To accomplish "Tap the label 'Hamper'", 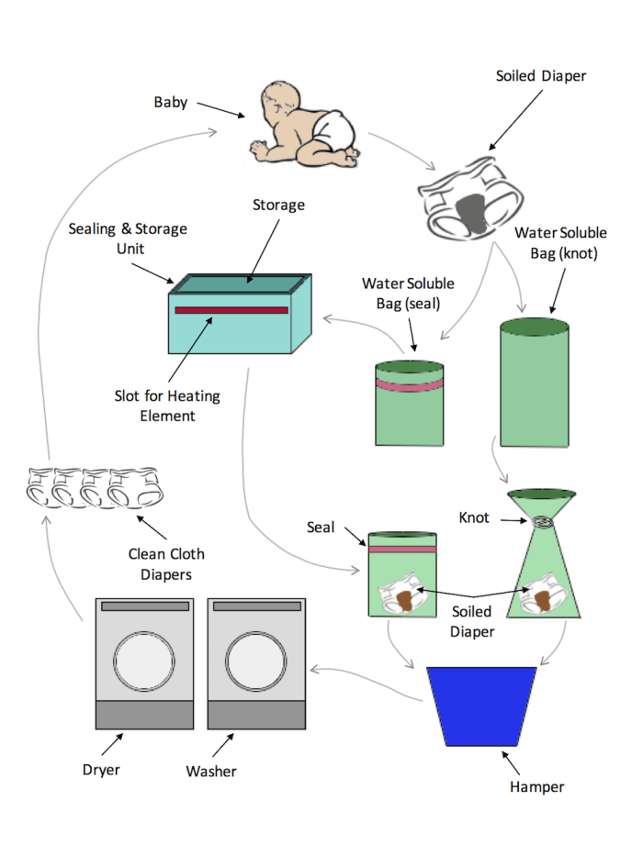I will (x=536, y=786).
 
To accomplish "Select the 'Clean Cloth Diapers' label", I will (x=166, y=563).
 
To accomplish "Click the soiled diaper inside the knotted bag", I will (x=543, y=596).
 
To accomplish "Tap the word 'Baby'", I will (x=170, y=101).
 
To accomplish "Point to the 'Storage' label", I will (x=278, y=204).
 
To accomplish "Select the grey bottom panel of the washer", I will (x=256, y=716).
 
